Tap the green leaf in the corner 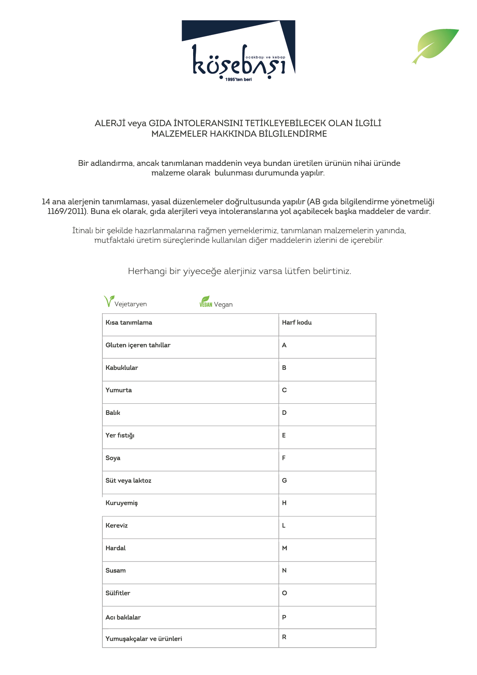(x=436, y=45)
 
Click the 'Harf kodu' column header (x=297, y=322)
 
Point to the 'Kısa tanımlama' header (x=129, y=322)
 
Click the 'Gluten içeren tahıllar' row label (x=138, y=345)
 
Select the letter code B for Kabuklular (x=284, y=368)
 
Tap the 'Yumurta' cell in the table (x=118, y=390)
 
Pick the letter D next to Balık (x=284, y=413)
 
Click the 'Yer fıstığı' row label (x=120, y=435)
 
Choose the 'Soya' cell (x=113, y=458)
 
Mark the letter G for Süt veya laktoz (x=284, y=480)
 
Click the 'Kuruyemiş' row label (x=122, y=503)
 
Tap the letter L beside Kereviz (x=284, y=525)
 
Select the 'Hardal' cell (x=115, y=548)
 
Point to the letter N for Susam (x=284, y=570)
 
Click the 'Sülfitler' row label (x=118, y=593)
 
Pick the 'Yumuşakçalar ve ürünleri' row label (x=143, y=639)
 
